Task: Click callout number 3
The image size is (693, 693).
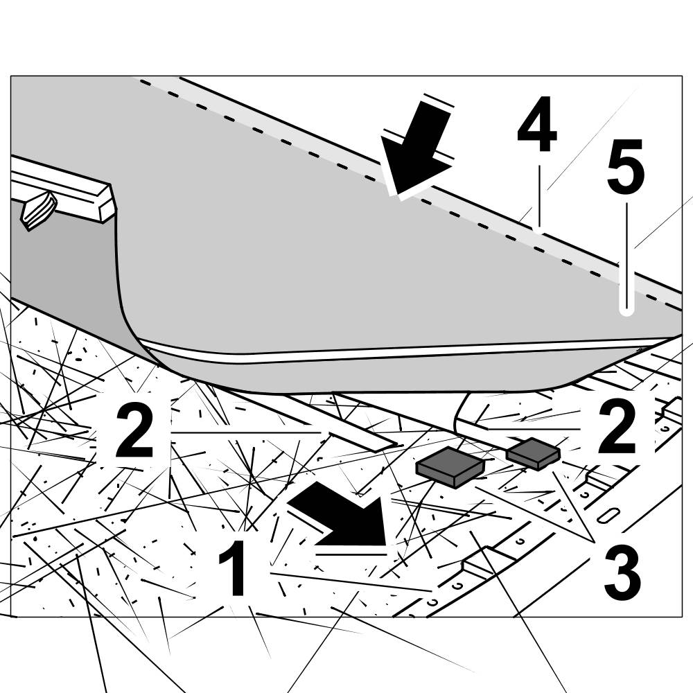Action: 622,572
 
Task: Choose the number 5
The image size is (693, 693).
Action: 625,166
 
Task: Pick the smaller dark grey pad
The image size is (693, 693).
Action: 533,453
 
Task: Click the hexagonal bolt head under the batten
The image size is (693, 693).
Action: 38,211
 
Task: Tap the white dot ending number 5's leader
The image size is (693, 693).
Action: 626,311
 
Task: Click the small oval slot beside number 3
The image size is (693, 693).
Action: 608,516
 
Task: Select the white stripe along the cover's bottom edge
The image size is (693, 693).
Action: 388,354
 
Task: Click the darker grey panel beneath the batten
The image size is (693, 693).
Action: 55,263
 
